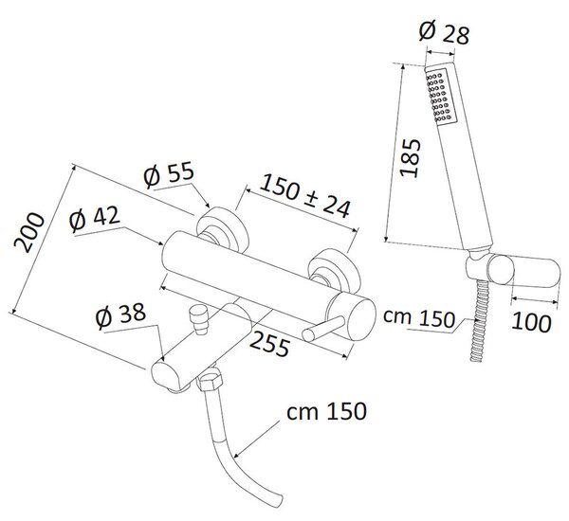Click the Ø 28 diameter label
(x=444, y=33)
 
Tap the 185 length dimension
(x=410, y=157)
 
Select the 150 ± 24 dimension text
(x=304, y=196)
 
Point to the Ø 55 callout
(x=169, y=174)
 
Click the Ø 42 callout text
(x=94, y=219)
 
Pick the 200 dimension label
(x=29, y=232)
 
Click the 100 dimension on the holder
(x=531, y=322)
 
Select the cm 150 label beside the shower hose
(x=419, y=318)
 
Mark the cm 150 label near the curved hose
(x=326, y=411)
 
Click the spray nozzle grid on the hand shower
(x=439, y=97)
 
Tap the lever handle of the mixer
(x=323, y=329)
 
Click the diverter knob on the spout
(x=199, y=318)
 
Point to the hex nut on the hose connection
(x=210, y=379)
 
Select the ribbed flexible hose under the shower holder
(x=479, y=320)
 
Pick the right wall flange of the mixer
(x=334, y=271)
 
